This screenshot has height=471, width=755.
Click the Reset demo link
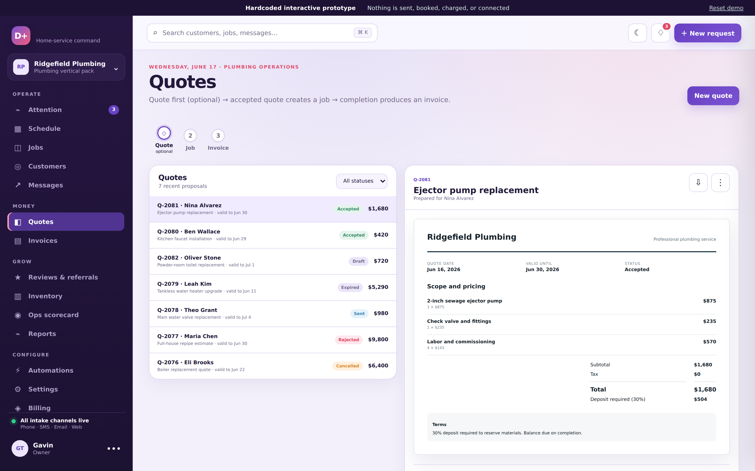726,8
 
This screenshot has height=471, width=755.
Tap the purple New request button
708,33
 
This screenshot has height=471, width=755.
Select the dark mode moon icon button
637,33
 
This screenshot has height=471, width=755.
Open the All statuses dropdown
362,181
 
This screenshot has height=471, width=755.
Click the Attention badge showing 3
114,110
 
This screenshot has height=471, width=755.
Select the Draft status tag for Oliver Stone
358,261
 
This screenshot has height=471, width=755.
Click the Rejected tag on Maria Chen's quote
348,340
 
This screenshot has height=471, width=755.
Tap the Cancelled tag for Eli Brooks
347,366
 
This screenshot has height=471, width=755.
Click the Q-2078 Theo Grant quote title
187,310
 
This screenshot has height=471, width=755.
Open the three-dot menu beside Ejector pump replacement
720,183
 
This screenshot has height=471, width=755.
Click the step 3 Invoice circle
218,136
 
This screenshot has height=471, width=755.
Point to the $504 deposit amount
700,399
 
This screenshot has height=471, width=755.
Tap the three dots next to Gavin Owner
114,448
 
